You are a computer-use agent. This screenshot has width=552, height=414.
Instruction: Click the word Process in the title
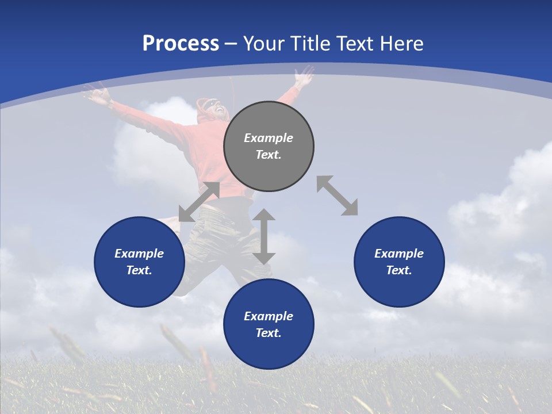point(181,44)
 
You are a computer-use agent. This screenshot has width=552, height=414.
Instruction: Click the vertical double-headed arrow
point(264,236)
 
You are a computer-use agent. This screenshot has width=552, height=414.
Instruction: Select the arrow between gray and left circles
point(199,202)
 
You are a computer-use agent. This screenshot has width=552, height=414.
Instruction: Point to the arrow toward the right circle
point(337,195)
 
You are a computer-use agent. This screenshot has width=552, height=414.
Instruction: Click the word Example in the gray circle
point(269,138)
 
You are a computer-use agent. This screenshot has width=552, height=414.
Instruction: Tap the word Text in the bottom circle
point(269,333)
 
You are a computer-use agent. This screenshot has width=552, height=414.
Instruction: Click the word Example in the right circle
point(399,254)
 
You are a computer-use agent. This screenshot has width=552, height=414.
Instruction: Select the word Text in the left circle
point(139,270)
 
